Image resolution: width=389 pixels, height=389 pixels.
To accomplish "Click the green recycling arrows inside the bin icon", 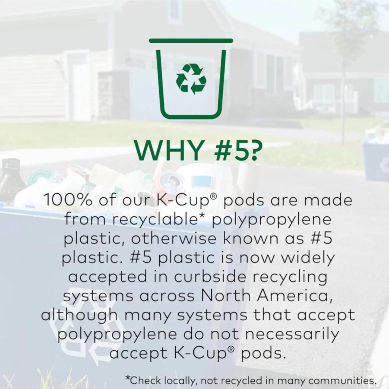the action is pyautogui.click(x=191, y=79).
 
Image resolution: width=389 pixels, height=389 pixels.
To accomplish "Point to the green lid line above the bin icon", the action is pyautogui.click(x=191, y=40).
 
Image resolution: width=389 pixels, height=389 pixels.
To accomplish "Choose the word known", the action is pyautogui.click(x=250, y=239).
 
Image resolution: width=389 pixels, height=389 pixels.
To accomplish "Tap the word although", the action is pyautogui.click(x=79, y=315).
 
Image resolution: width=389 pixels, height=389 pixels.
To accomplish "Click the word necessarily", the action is pyautogui.click(x=292, y=335).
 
